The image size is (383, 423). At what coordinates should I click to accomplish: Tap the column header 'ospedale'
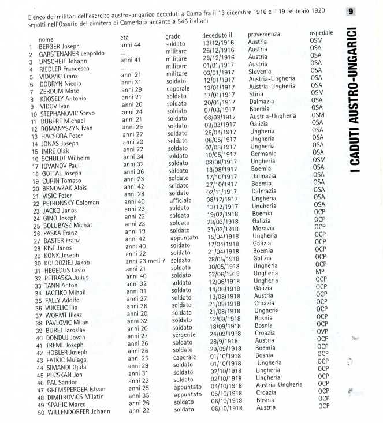click(321, 33)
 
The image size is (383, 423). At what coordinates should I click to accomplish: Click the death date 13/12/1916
click(218, 42)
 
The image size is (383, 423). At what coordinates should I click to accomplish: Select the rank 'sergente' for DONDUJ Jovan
click(184, 334)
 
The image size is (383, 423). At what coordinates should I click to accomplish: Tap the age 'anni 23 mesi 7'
click(146, 261)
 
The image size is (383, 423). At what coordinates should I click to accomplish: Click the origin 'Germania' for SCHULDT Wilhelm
click(263, 154)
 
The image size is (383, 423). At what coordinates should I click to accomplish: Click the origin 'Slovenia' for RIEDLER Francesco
click(259, 72)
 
